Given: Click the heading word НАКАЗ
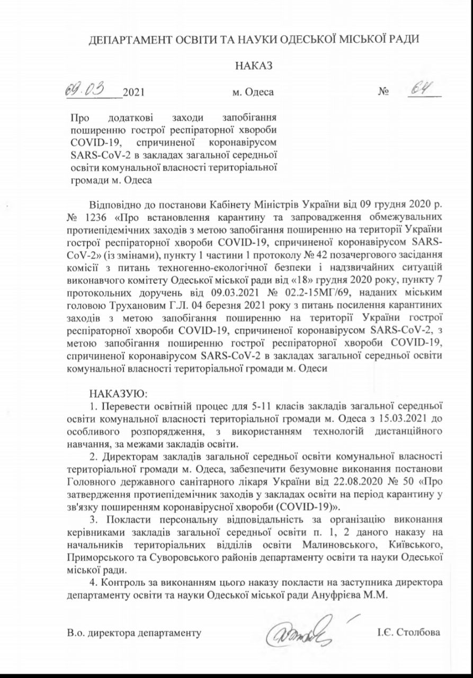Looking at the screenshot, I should click(x=253, y=66).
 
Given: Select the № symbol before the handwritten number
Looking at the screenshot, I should click(x=383, y=92).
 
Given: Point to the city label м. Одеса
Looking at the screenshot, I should click(x=253, y=92).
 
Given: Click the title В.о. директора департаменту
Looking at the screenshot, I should click(x=135, y=633).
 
